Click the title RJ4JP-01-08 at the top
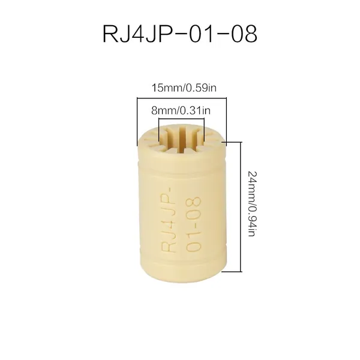(x=180, y=34)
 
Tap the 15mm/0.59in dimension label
(x=184, y=88)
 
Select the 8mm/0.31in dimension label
(x=181, y=110)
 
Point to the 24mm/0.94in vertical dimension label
(x=252, y=204)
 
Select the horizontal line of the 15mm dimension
(x=182, y=98)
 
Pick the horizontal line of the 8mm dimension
(x=181, y=119)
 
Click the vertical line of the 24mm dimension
(x=241, y=206)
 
